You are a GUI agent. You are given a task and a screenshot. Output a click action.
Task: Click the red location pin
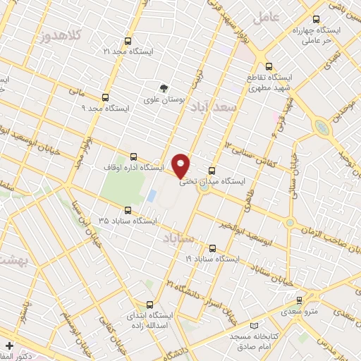click(x=182, y=165)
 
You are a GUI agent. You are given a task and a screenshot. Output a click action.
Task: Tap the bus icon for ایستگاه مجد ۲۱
click(x=128, y=41)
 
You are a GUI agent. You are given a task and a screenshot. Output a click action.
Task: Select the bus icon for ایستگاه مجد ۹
click(x=105, y=98)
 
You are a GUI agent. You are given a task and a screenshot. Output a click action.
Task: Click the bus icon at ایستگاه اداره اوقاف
click(x=133, y=157)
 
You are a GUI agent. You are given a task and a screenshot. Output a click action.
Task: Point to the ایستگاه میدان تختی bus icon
click(x=213, y=170)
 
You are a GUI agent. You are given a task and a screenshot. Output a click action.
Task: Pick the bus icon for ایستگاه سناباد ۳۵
click(x=128, y=210)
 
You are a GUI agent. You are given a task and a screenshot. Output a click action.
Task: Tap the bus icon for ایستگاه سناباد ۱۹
click(x=213, y=248)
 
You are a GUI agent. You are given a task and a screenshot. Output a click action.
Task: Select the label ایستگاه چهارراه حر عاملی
click(x=336, y=37)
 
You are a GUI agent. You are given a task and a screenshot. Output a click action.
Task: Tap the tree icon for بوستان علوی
click(x=164, y=89)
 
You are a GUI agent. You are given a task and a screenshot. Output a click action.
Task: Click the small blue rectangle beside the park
click(x=152, y=195)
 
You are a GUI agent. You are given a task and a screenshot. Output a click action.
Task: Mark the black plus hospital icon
click(x=8, y=346)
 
